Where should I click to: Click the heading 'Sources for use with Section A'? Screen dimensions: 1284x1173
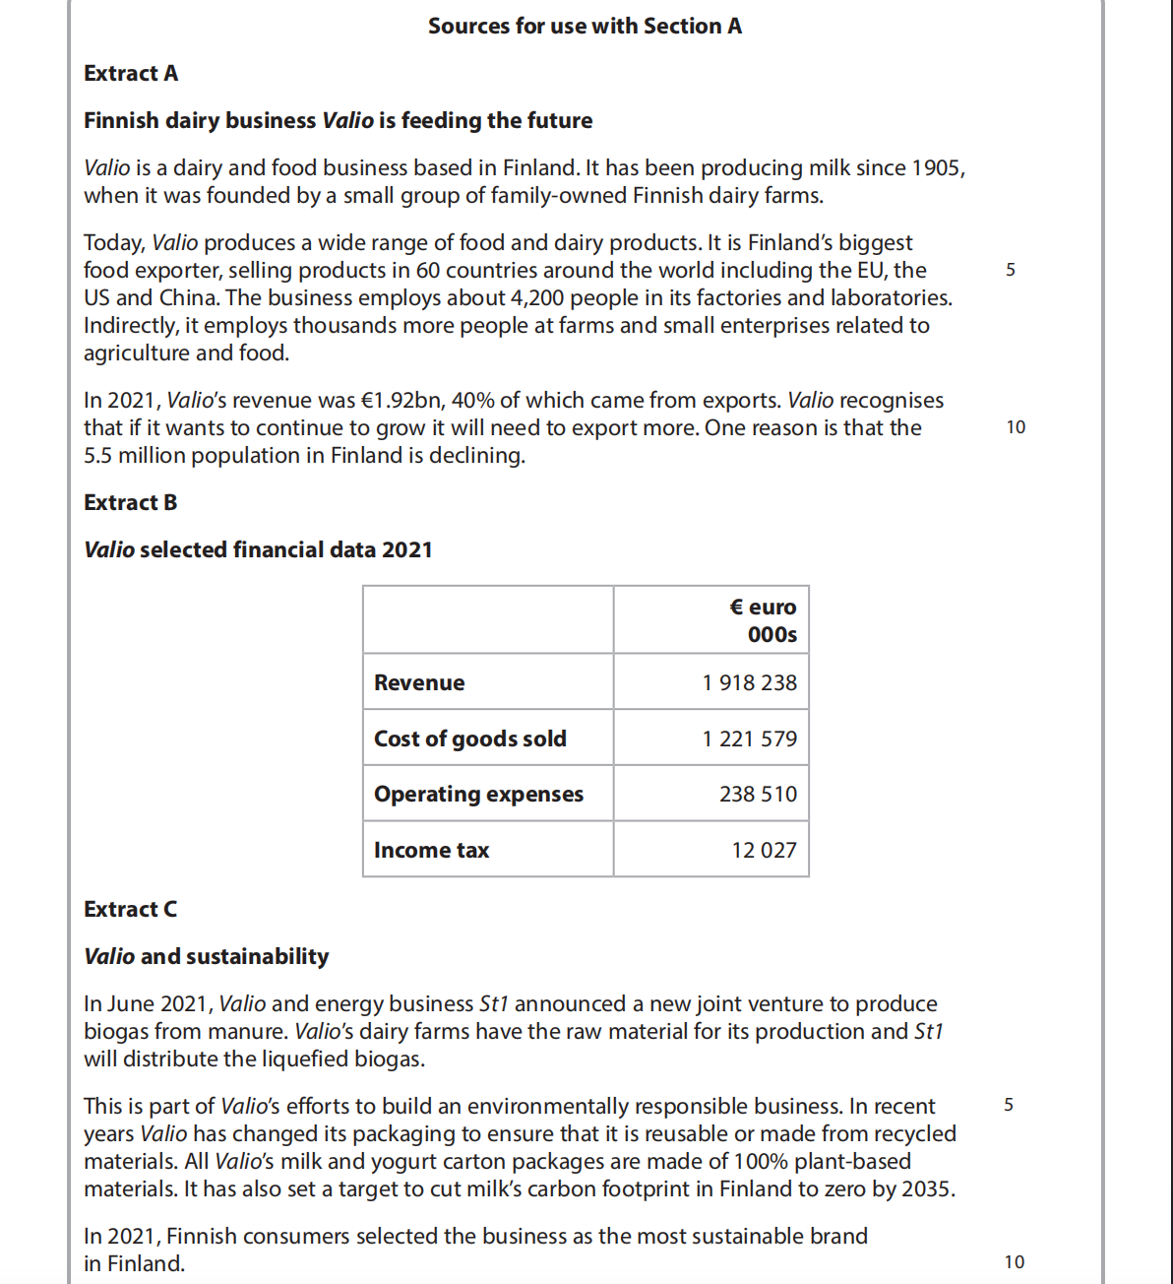click(x=585, y=27)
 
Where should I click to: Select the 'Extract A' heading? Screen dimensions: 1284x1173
click(x=131, y=74)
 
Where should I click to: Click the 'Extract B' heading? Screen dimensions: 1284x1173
click(x=131, y=503)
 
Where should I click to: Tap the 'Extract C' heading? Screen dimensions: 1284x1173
click(x=131, y=910)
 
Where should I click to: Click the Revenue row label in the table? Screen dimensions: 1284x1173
click(x=419, y=683)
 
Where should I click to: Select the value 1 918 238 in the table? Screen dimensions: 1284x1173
click(x=749, y=683)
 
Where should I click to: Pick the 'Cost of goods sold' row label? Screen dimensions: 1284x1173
click(x=469, y=739)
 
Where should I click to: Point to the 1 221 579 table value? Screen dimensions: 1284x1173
click(x=749, y=739)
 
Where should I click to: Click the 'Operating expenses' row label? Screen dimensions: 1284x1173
click(x=478, y=795)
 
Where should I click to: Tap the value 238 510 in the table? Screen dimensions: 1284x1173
click(x=758, y=795)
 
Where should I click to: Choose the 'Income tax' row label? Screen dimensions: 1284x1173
click(x=431, y=851)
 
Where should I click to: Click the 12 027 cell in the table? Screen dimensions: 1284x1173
click(x=764, y=851)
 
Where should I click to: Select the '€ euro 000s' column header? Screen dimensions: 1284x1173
click(x=763, y=621)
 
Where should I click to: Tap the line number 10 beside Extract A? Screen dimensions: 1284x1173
click(x=1016, y=427)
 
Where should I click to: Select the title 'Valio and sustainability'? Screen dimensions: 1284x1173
click(x=207, y=957)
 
